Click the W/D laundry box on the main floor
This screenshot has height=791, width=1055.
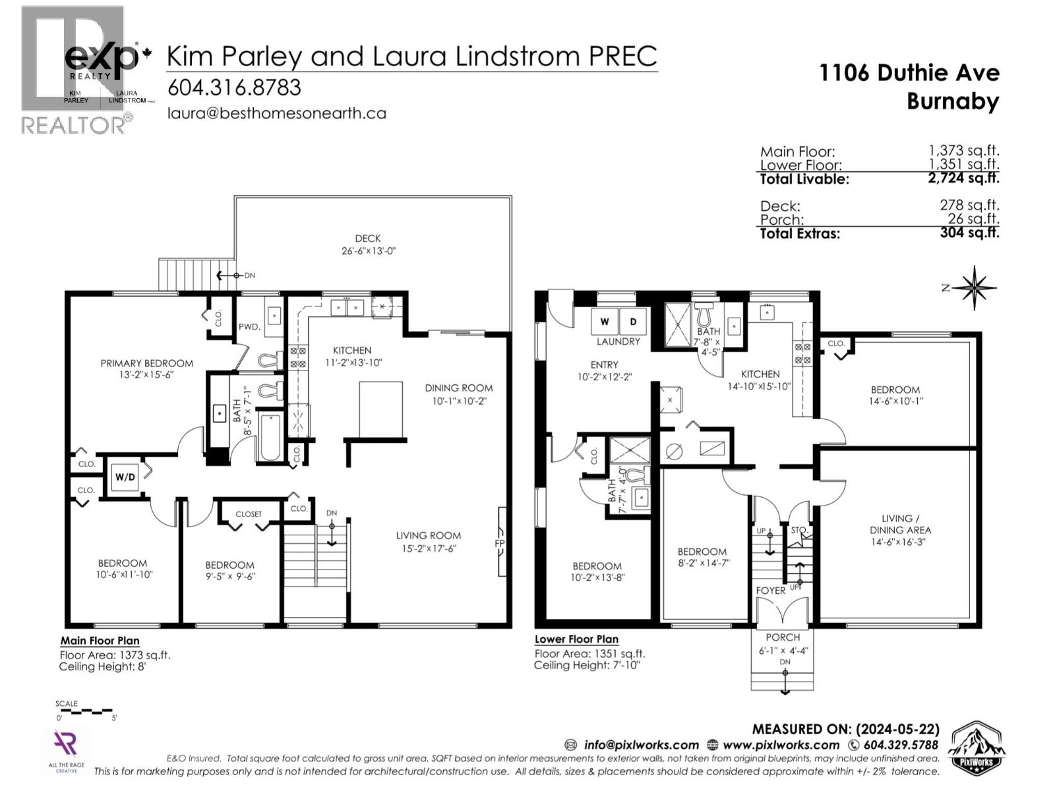coord(125,477)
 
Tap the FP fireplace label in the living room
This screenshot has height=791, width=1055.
coord(500,543)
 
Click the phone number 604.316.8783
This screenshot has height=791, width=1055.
coord(234,88)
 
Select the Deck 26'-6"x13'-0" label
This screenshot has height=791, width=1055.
coord(368,245)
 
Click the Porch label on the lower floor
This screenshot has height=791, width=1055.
coord(783,637)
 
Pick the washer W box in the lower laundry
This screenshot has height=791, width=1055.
coord(605,322)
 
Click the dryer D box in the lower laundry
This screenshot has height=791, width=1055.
coord(633,322)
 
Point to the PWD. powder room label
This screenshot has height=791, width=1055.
coord(249,326)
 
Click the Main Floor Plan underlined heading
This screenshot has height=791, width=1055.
coord(100,641)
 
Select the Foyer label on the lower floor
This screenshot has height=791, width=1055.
coord(770,591)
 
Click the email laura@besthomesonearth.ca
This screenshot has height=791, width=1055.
coord(276,113)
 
